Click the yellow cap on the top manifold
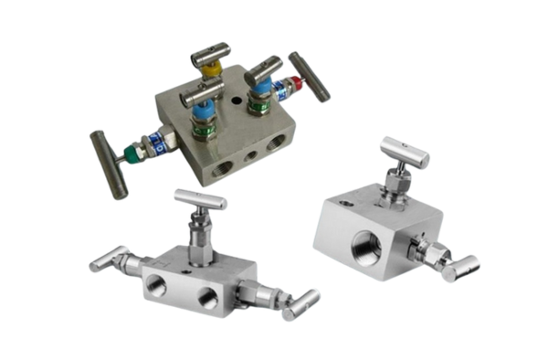tap(212, 67)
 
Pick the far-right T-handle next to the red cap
tap(310, 76)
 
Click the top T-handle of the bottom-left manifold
tap(200, 198)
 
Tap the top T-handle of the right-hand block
tap(404, 152)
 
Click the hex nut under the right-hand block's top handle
tap(395, 189)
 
